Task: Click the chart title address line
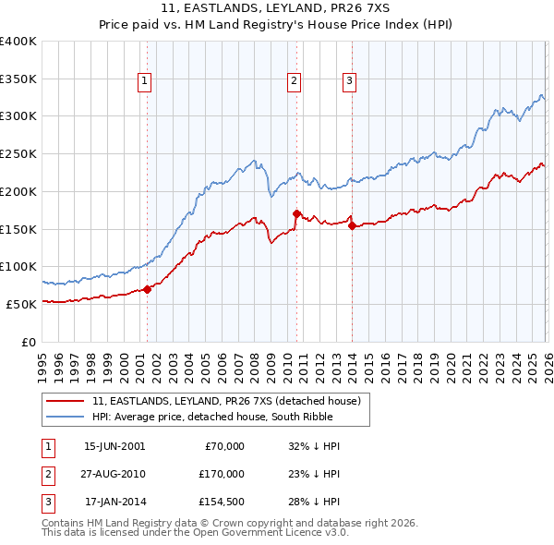277,8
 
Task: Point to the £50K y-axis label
21,304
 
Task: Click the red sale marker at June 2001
147,289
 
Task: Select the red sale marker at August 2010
296,213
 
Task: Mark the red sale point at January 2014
352,225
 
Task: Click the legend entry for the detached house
231,401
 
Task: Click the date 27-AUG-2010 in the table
114,473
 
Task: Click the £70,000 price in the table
223,446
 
